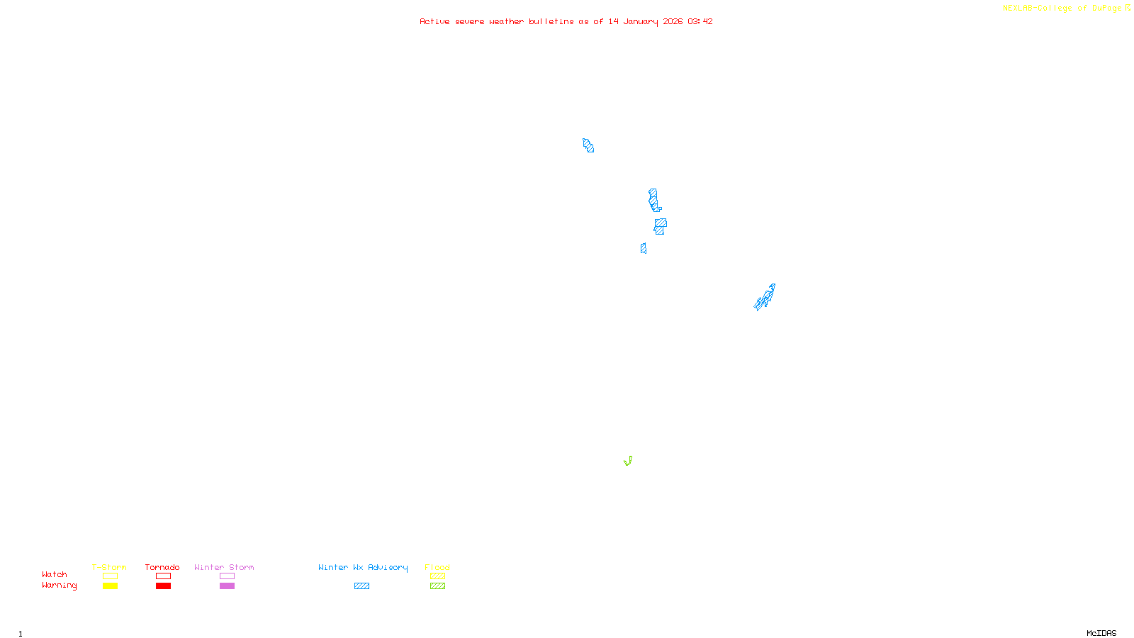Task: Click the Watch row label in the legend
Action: tap(55, 574)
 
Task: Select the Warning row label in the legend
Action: tap(59, 586)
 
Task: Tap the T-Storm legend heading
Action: tap(109, 567)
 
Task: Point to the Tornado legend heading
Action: tap(162, 567)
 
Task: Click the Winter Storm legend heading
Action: tap(224, 567)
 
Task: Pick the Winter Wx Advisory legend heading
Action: tap(363, 567)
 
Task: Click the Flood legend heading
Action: tap(437, 567)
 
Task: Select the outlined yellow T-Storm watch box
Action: tap(110, 576)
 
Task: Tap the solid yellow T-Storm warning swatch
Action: tap(110, 586)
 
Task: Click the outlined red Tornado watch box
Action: tap(163, 576)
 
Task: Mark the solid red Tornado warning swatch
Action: tap(163, 586)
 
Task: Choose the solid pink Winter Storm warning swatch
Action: tap(227, 586)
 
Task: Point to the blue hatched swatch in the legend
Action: tap(361, 586)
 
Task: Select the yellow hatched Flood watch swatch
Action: tap(437, 576)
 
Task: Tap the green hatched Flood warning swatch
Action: tap(437, 586)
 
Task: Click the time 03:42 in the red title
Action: tap(700, 21)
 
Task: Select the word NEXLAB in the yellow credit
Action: tap(1018, 8)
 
